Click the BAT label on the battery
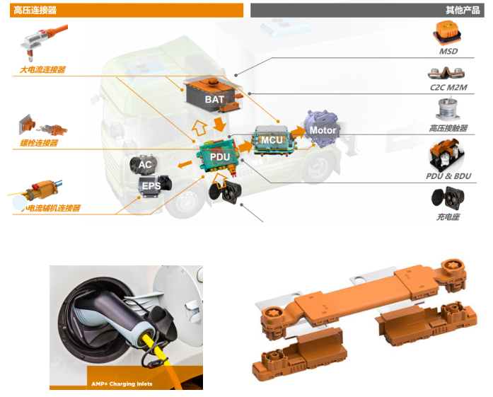[214, 100]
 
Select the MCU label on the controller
[272, 139]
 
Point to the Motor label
[323, 130]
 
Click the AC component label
[145, 165]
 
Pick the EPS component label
[151, 186]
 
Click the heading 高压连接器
[35, 10]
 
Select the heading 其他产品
[462, 10]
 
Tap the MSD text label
[448, 52]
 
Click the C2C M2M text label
[448, 88]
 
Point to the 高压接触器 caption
[448, 128]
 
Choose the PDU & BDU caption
[448, 176]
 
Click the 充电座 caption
[448, 217]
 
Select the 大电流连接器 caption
[42, 70]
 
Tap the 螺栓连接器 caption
[39, 143]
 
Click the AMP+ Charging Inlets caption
[122, 384]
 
